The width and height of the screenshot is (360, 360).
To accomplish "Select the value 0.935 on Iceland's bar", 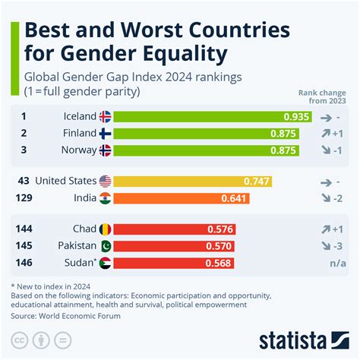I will (x=295, y=117).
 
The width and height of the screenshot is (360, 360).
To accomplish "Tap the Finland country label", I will (x=80, y=134).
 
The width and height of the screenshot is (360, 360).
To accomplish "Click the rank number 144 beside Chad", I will (x=25, y=229).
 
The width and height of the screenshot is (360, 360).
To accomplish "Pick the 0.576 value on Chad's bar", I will (x=221, y=229).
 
